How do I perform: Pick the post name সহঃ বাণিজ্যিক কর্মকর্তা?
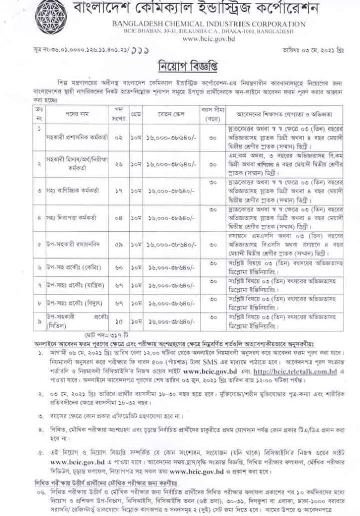tap(67, 191)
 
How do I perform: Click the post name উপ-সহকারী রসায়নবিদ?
tap(67, 244)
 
